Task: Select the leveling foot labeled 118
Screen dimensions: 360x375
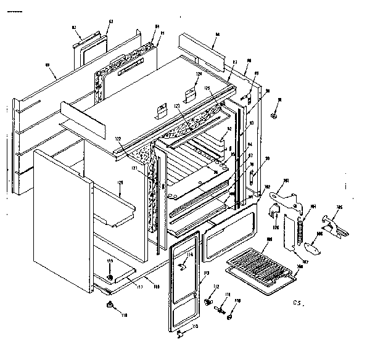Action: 111,305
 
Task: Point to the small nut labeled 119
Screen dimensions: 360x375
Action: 110,277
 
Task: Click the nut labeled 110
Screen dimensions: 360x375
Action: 229,317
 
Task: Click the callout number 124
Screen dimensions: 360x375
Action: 199,75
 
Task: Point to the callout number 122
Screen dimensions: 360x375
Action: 118,140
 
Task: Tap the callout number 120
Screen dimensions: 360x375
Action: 121,183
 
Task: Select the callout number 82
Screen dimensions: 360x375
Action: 74,28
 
